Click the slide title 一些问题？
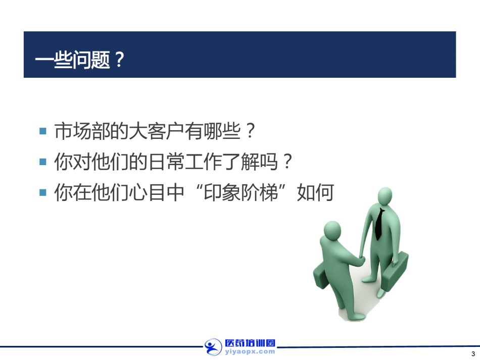pyautogui.click(x=80, y=60)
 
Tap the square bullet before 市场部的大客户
pyautogui.click(x=43, y=131)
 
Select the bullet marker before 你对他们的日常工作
pyautogui.click(x=43, y=162)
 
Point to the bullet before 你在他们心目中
pyautogui.click(x=43, y=192)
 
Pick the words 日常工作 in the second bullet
pyautogui.click(x=185, y=162)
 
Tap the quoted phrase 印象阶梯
pyautogui.click(x=241, y=192)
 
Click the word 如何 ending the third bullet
pyautogui.click(x=315, y=192)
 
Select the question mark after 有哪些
pyautogui.click(x=251, y=131)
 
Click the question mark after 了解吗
pyautogui.click(x=287, y=162)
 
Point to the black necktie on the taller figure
pyautogui.click(x=379, y=224)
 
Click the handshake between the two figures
pyautogui.click(x=361, y=260)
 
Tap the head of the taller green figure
pyautogui.click(x=385, y=197)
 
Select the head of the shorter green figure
pyautogui.click(x=332, y=231)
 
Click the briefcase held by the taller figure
pyautogui.click(x=396, y=271)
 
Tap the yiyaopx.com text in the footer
pyautogui.click(x=250, y=352)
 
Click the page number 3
pyautogui.click(x=473, y=354)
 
